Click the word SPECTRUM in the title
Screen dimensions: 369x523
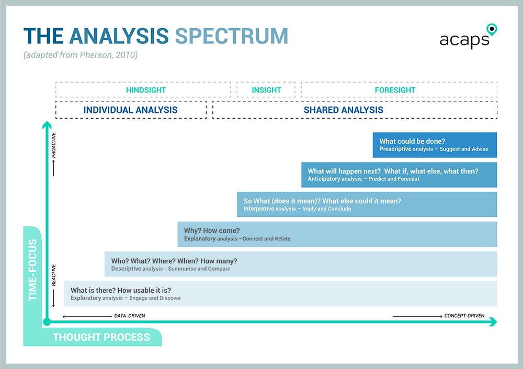231,36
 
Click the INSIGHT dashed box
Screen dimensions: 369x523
266,90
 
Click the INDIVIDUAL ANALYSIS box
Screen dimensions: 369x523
130,110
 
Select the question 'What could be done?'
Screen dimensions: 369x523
412,141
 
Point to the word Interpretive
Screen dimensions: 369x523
258,209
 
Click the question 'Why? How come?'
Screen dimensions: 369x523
212,230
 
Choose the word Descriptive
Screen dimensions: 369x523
127,269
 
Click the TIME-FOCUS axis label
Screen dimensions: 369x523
33,270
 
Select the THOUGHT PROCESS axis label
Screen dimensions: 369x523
101,337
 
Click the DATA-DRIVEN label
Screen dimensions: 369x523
130,316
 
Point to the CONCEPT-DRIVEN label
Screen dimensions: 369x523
464,316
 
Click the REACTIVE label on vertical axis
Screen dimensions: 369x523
54,274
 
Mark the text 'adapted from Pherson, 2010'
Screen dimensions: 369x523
81,54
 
